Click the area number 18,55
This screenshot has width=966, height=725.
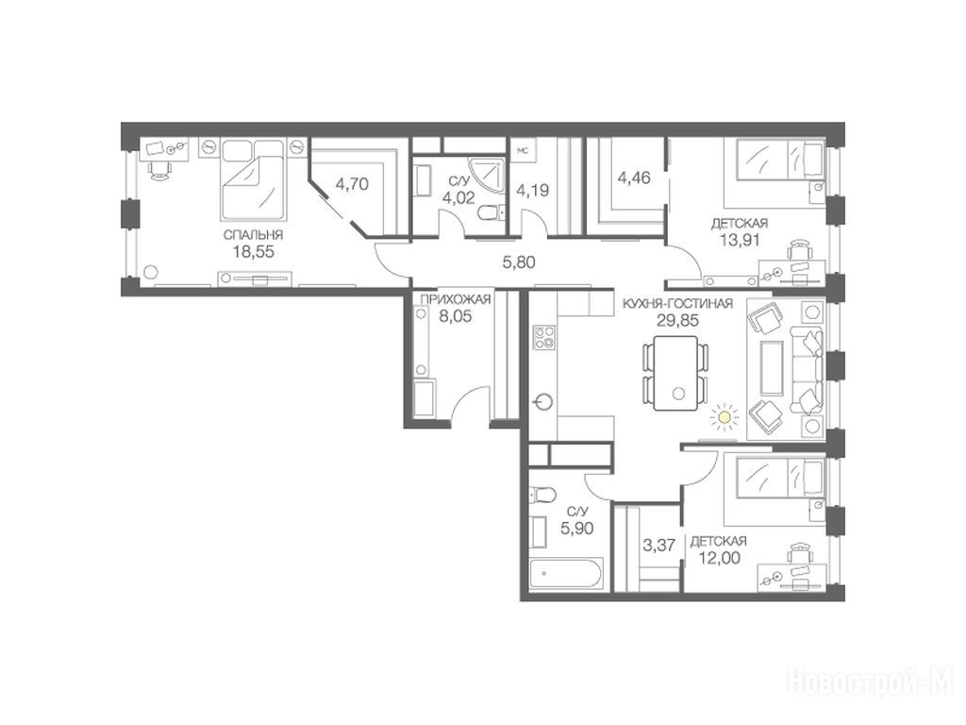click(x=253, y=251)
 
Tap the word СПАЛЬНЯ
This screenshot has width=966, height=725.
click(x=253, y=235)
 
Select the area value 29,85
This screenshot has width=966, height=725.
click(x=677, y=320)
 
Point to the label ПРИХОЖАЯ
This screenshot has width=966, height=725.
click(x=456, y=299)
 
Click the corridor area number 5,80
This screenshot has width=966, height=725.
click(x=519, y=262)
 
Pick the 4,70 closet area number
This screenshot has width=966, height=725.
click(x=352, y=184)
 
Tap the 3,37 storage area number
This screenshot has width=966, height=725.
click(x=658, y=545)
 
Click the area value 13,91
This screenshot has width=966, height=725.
click(x=740, y=240)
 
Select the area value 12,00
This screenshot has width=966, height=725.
click(x=720, y=558)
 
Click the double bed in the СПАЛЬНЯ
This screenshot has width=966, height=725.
click(x=253, y=179)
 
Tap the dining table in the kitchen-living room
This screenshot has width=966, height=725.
click(x=675, y=373)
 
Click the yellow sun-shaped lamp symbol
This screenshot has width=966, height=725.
click(x=724, y=418)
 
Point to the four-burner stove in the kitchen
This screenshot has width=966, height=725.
click(x=544, y=337)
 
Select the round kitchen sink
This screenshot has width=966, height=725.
click(x=543, y=402)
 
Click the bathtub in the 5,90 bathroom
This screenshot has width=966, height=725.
click(x=566, y=573)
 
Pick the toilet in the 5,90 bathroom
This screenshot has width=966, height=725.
click(x=542, y=495)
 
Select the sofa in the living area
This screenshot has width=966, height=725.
click(x=808, y=371)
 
